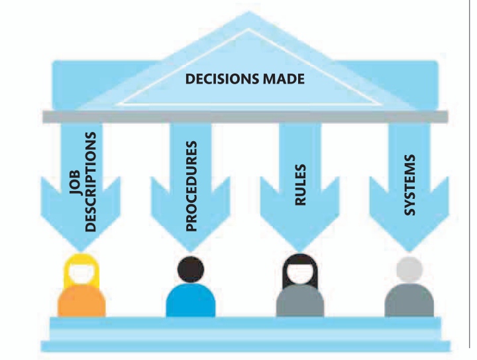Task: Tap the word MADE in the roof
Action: click(x=281, y=80)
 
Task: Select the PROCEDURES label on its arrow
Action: click(x=191, y=185)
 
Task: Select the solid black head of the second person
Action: click(x=190, y=269)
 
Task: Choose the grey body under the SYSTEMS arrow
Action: click(x=409, y=302)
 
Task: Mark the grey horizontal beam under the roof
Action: click(x=245, y=117)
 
